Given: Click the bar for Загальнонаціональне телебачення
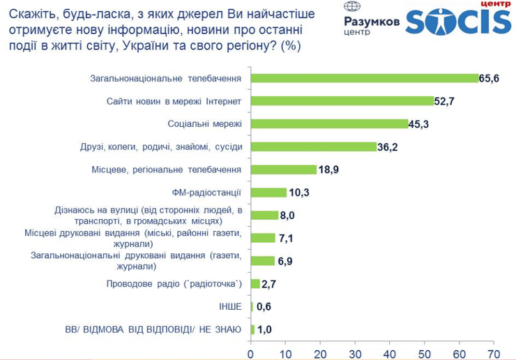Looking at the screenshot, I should [x=364, y=78].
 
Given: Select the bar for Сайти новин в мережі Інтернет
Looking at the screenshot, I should [x=342, y=101].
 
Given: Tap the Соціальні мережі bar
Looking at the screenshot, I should [x=329, y=124].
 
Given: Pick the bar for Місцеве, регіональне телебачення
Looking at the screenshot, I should [x=284, y=170].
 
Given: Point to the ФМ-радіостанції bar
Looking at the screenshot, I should [x=268, y=193].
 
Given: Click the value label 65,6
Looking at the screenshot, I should [x=490, y=79].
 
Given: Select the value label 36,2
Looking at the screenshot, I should [x=388, y=147].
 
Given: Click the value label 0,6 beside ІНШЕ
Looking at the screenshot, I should [x=264, y=307].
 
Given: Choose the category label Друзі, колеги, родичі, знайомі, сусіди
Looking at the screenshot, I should [x=162, y=147].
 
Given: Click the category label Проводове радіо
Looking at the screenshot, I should [x=174, y=284].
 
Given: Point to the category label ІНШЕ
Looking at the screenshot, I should [x=230, y=307].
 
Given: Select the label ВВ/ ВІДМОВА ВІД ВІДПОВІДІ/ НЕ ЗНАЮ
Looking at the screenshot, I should [x=153, y=329].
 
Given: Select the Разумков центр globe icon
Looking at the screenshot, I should [x=353, y=8].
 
